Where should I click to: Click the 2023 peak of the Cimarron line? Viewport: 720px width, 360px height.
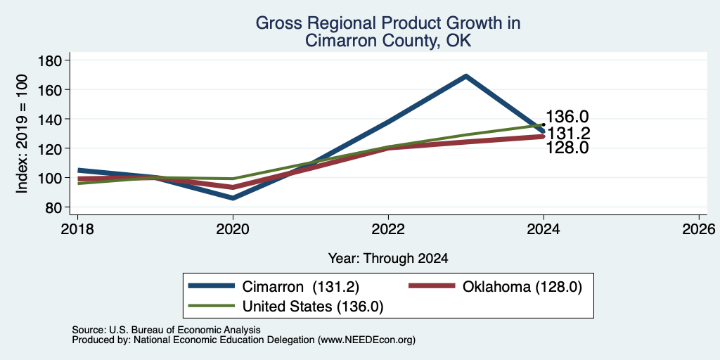tap(465, 76)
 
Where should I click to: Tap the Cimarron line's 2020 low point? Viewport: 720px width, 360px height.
tap(233, 198)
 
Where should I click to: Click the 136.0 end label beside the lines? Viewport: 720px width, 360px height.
tap(567, 117)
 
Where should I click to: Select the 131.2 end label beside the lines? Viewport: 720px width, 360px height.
tap(568, 134)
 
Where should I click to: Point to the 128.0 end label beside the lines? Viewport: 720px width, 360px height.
tap(567, 148)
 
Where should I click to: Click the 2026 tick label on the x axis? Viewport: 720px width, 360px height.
tap(699, 229)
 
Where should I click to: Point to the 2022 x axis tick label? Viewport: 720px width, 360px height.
tap(388, 229)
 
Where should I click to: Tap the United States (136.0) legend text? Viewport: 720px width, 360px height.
tap(313, 307)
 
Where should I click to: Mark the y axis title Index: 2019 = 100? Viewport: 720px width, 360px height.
tap(22, 134)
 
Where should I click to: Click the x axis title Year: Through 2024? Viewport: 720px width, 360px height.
tap(388, 259)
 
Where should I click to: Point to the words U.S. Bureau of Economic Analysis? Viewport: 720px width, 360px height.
tap(185, 330)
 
